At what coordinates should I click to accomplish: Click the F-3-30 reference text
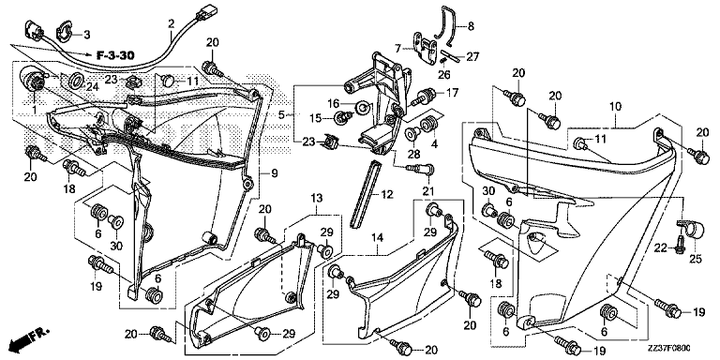click(x=115, y=56)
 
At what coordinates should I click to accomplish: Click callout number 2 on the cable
click(x=171, y=22)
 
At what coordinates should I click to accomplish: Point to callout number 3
click(x=87, y=34)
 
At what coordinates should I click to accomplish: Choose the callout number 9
click(x=274, y=173)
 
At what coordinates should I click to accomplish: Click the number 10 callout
click(x=615, y=107)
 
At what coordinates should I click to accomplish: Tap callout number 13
click(x=316, y=199)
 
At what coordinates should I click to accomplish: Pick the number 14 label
click(x=377, y=237)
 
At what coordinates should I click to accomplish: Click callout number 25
click(x=696, y=260)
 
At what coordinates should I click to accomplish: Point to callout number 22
click(x=660, y=248)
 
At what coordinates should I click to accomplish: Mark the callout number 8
click(x=471, y=26)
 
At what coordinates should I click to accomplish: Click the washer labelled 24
click(x=76, y=79)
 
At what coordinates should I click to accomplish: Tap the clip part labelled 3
click(x=64, y=30)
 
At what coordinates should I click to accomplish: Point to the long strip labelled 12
click(x=367, y=193)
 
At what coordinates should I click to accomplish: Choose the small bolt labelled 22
click(x=680, y=244)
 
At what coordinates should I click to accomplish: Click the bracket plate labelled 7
click(x=426, y=48)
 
